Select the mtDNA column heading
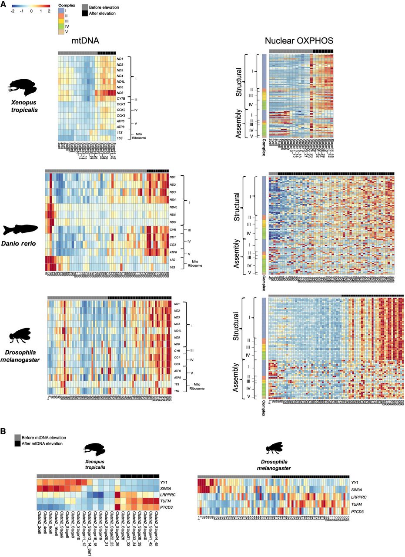click(x=85, y=42)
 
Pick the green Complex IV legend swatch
click(x=60, y=31)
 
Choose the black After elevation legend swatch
click(x=85, y=13)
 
